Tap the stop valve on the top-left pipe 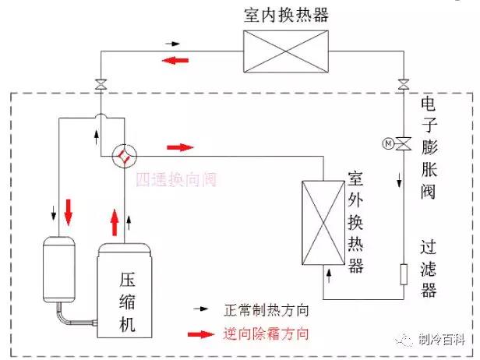coord(101,84)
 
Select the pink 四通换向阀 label coord(174,181)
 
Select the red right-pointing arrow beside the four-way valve coord(180,146)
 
